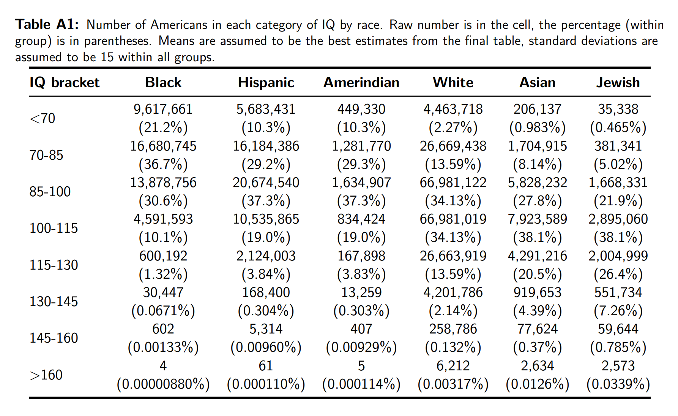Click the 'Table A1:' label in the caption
47,25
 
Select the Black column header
163,83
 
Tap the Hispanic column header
266,83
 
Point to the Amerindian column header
361,83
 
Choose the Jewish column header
618,83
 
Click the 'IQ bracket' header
65,83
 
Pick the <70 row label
43,118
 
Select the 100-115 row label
54,228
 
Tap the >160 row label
46,375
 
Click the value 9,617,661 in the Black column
163,110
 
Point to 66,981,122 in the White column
453,183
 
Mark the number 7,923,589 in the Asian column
537,219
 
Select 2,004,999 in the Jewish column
618,256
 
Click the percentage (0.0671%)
163,311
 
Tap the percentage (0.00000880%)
163,384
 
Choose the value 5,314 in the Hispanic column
266,329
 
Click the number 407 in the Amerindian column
361,329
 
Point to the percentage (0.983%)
537,128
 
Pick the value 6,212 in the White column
453,366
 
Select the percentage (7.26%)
618,311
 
